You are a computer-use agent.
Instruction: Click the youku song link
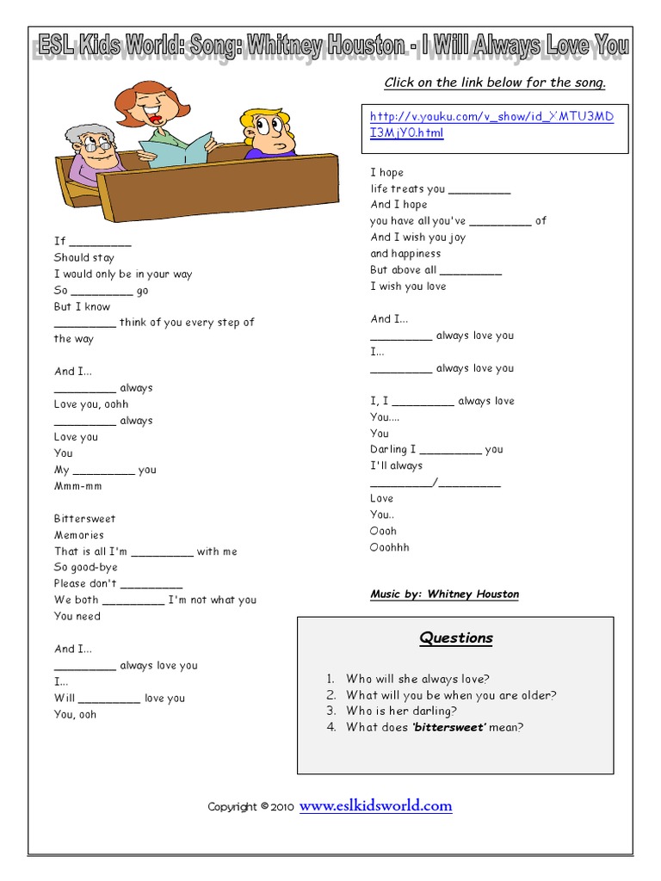(491, 125)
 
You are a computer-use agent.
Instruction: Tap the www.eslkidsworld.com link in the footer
(375, 806)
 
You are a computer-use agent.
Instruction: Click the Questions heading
(456, 638)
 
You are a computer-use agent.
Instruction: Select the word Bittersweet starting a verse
(84, 519)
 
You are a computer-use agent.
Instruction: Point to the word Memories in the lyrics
(79, 535)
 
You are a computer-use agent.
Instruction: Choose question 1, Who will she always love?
(417, 679)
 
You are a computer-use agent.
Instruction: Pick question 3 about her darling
(401, 711)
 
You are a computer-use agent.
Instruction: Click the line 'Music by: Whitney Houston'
(444, 595)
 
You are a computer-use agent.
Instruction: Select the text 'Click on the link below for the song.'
(495, 83)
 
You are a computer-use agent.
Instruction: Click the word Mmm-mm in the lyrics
(77, 486)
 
